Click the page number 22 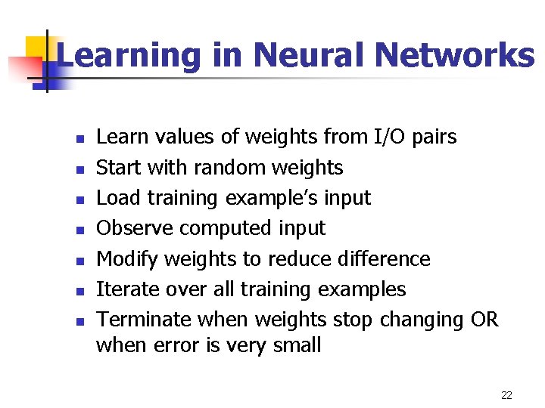pos(506,395)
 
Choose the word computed pos(229,228)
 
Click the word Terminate pos(144,320)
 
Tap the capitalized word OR pos(484,320)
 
